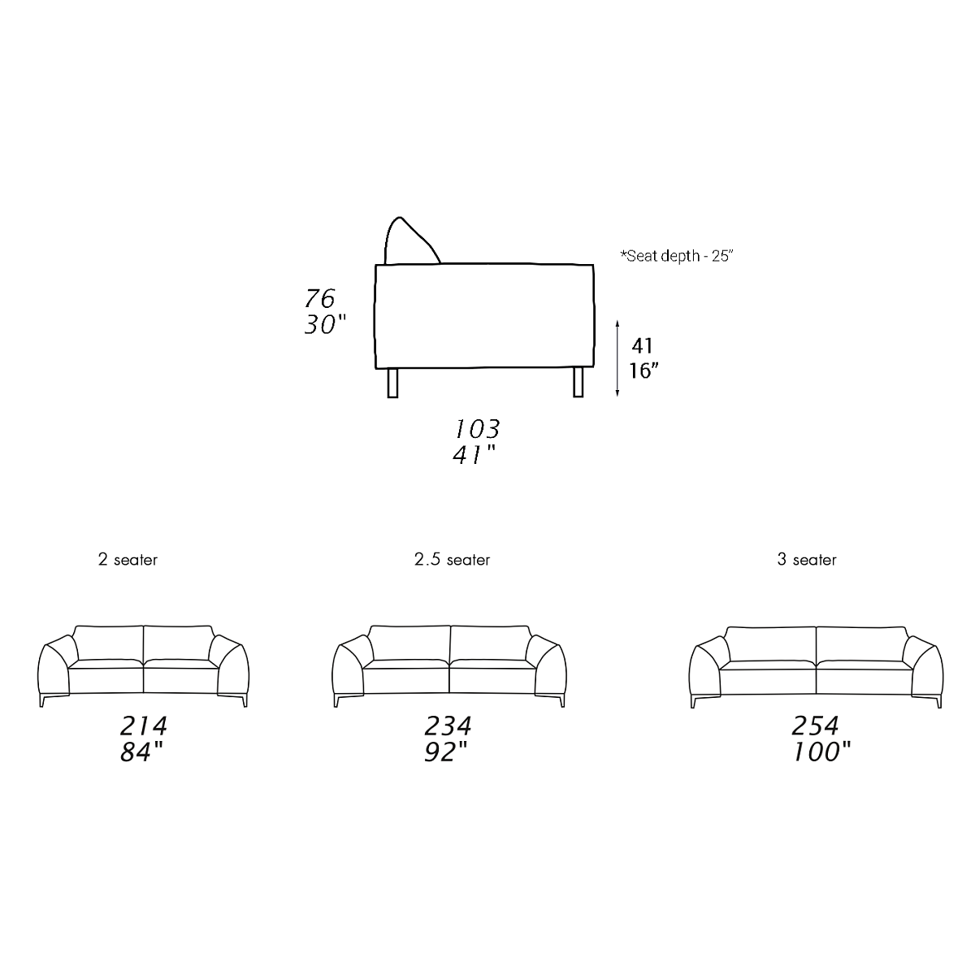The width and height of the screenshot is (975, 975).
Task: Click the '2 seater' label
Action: point(128,560)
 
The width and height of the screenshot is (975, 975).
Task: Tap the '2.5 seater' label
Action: point(452,560)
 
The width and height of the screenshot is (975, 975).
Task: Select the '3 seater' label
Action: point(807,560)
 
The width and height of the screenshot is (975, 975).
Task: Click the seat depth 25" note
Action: point(677,256)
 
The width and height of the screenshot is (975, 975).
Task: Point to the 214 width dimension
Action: point(144,726)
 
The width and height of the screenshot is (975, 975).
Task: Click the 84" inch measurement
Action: point(142,752)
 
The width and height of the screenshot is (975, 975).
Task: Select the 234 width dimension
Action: point(448,726)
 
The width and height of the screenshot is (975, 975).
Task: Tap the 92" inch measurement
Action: point(446,752)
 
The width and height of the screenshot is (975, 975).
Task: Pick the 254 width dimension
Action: point(815,726)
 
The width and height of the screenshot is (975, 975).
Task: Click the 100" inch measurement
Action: point(822,752)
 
